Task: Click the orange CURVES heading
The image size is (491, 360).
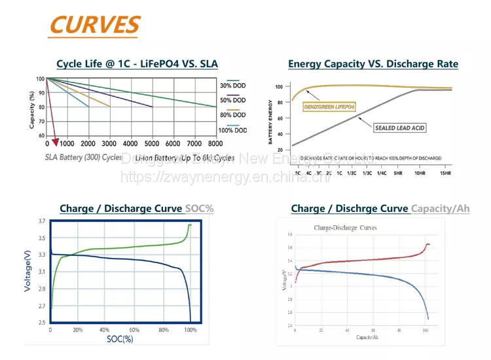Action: tap(94, 24)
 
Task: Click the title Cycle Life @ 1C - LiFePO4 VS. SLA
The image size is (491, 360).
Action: tap(137, 63)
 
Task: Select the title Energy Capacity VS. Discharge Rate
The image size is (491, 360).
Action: tap(373, 63)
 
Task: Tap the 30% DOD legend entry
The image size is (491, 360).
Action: tap(232, 85)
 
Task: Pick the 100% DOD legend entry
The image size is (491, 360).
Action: tap(232, 130)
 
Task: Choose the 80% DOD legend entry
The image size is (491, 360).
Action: tap(232, 115)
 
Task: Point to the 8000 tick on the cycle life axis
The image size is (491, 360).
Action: tap(215, 143)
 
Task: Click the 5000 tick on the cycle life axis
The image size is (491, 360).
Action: tap(152, 143)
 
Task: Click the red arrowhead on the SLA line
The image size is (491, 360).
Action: tap(56, 141)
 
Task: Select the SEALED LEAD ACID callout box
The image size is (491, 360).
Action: tap(399, 128)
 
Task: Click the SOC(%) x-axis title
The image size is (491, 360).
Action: tap(120, 339)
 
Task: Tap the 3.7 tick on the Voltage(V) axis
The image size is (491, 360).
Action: tap(41, 221)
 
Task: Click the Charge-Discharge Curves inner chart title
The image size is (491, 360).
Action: tap(346, 228)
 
